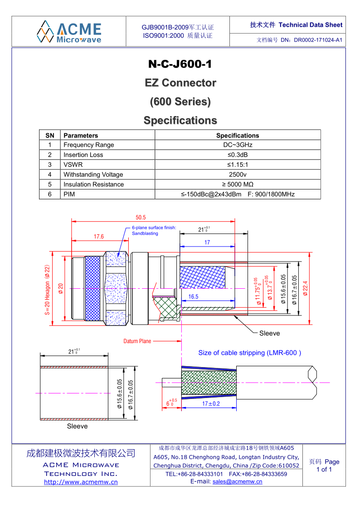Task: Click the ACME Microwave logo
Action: click(x=69, y=31)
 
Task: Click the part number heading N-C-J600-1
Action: click(x=180, y=64)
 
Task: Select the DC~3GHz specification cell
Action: click(x=238, y=145)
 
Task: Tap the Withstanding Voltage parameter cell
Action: click(x=93, y=175)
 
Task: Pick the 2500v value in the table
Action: click(x=238, y=175)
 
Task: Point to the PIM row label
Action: click(x=69, y=194)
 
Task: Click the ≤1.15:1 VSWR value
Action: click(x=238, y=165)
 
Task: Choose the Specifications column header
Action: click(x=238, y=136)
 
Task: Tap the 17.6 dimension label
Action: click(x=99, y=237)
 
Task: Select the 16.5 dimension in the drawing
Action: click(x=194, y=296)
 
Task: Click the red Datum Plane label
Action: click(x=137, y=341)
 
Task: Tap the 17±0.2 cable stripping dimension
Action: click(x=211, y=403)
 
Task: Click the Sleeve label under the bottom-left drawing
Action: click(x=78, y=426)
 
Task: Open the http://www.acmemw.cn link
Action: click(x=81, y=482)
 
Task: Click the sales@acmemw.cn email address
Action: click(x=237, y=481)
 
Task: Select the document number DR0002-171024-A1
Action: click(x=318, y=40)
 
